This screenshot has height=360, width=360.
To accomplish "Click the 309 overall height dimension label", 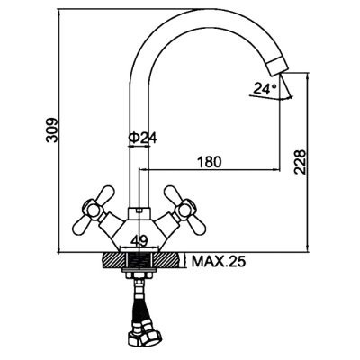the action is coord(51,130).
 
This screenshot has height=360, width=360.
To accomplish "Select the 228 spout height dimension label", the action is coord(300,162).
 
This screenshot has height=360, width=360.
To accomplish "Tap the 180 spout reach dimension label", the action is coord(210,162).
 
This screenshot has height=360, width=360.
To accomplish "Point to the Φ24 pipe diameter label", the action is coord(143,138).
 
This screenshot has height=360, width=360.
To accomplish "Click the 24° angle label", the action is coord(265,89).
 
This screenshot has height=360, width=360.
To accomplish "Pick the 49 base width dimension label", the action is coord(139,240).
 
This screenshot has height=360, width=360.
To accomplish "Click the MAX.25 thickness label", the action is coord(219,262).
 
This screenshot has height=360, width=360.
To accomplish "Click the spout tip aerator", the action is coord(277,66).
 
